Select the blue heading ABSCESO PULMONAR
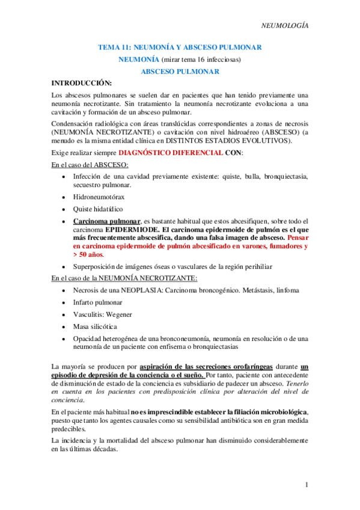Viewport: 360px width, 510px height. coord(179,71)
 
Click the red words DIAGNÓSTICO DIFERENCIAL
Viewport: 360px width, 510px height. coord(169,153)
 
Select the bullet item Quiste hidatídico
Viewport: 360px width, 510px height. coord(98,209)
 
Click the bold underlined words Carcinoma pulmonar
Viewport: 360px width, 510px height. coord(107,221)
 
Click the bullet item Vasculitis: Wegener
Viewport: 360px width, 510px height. coord(102,315)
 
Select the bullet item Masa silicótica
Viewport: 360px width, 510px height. coord(96,327)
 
